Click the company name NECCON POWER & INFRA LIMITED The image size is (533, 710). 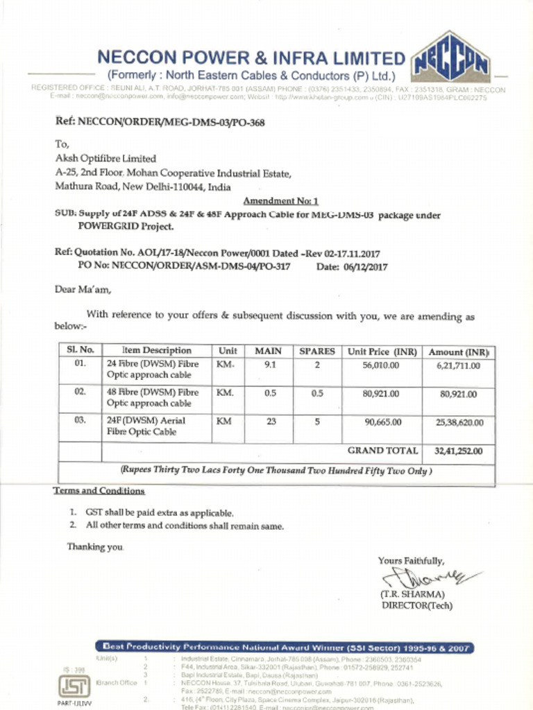pos(250,58)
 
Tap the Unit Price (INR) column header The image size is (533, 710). pos(382,352)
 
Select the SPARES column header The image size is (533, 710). pos(316,352)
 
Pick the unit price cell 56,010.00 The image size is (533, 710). pos(381,365)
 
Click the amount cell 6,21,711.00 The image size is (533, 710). pos(458,365)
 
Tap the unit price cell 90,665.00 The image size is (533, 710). pos(381,422)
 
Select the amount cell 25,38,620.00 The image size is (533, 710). pos(459,422)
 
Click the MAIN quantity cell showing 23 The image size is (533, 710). pos(270,421)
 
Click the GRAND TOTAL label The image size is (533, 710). pos(382,451)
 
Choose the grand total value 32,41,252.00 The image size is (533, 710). pos(458,451)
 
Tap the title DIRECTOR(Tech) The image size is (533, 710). pos(416,605)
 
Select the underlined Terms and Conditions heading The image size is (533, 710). pos(99,492)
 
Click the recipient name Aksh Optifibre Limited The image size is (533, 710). pos(105,159)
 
